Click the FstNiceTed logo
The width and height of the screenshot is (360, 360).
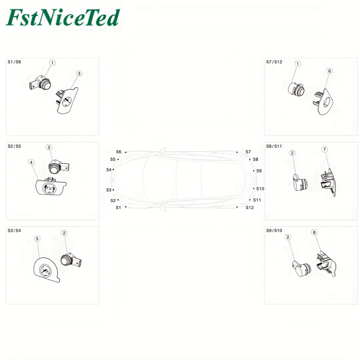[x=63, y=18]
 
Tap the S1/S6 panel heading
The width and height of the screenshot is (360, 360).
[x=14, y=62]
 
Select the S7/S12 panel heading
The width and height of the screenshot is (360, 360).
[x=274, y=62]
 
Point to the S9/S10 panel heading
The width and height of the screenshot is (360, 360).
[x=274, y=230]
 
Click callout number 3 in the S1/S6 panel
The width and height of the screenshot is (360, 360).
[x=79, y=73]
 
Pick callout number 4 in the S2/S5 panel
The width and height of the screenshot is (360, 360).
[x=31, y=162]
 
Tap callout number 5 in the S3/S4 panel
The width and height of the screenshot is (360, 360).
[x=37, y=239]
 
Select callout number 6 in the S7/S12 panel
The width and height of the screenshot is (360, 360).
[x=329, y=71]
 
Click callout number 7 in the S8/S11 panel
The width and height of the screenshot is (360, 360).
[x=324, y=149]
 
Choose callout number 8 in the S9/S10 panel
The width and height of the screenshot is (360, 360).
[x=314, y=232]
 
